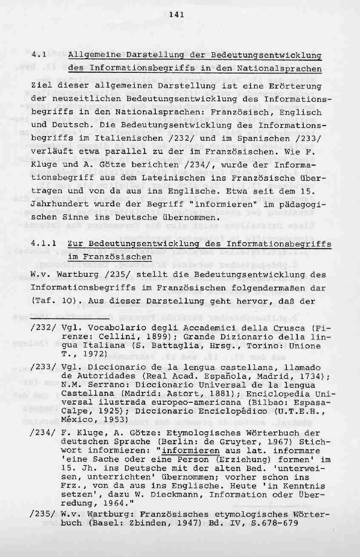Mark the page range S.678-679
click(271, 523)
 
